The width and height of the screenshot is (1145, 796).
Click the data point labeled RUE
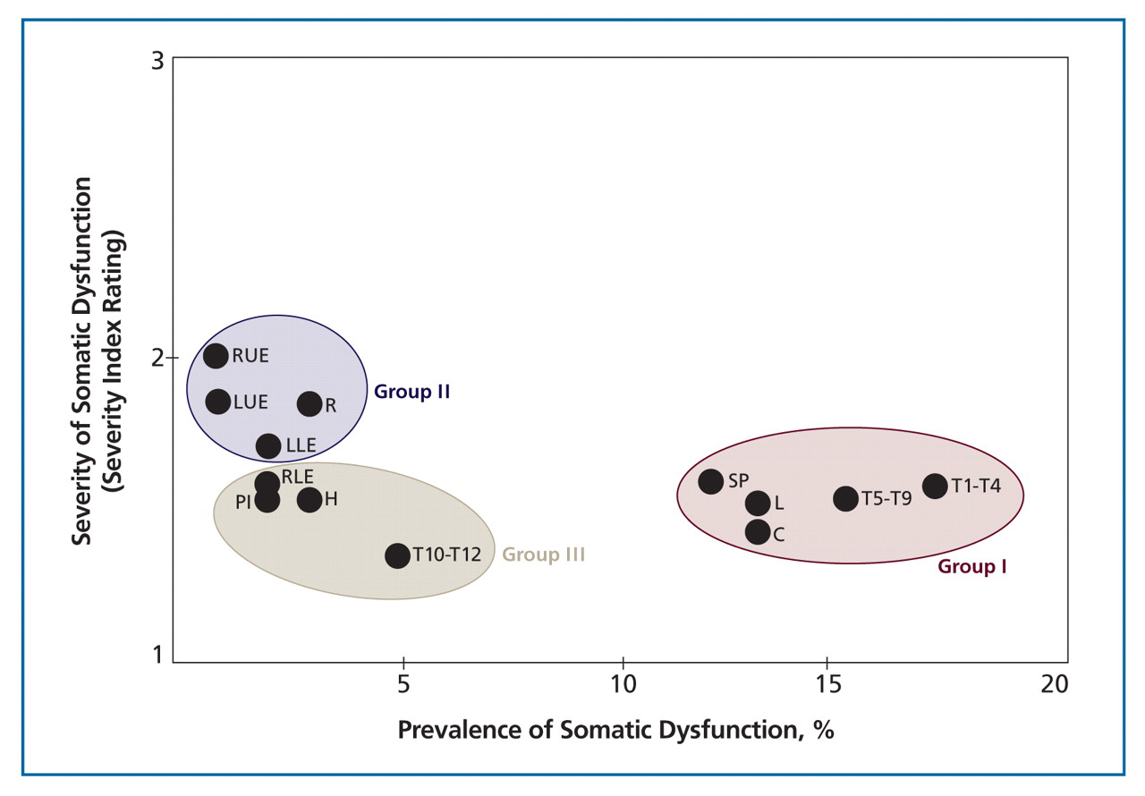coord(216,356)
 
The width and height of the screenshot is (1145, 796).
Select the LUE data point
coord(218,402)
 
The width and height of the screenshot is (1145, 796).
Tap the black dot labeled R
coord(310,404)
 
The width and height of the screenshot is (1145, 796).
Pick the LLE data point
coord(268,445)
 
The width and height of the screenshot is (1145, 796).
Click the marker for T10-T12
coord(397,555)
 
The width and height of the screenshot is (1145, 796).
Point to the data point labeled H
coord(310,500)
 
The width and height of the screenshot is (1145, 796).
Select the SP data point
coord(710,481)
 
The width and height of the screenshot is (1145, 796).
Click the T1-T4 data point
coord(935,487)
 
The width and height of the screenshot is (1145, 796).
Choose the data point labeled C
coord(758,532)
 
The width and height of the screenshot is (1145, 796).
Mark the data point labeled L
coord(758,504)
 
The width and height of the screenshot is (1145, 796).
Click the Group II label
coord(411,392)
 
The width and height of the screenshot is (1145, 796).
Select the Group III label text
coord(544,555)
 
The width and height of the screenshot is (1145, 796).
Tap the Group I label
coord(972,566)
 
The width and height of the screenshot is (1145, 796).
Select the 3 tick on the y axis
coord(158,61)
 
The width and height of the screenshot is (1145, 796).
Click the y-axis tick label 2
coord(158,358)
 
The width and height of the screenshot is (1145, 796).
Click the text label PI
coord(243,503)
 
